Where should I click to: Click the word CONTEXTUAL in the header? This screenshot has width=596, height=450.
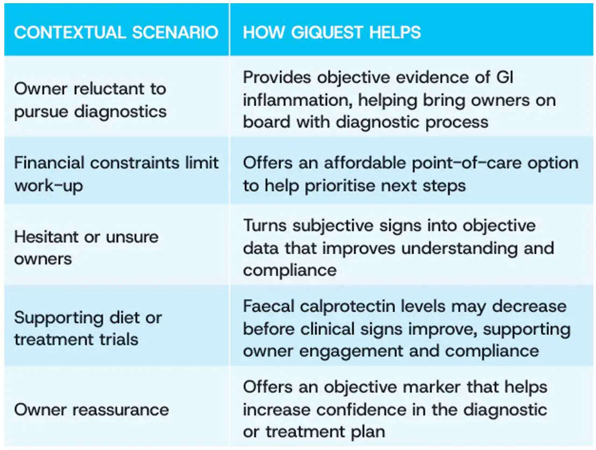pyautogui.click(x=70, y=32)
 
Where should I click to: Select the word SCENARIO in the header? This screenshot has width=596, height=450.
pyautogui.click(x=175, y=32)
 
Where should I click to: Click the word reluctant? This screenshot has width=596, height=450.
pyautogui.click(x=109, y=89)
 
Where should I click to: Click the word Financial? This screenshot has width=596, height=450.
pyautogui.click(x=49, y=163)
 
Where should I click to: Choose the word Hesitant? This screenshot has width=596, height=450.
pyautogui.click(x=46, y=237)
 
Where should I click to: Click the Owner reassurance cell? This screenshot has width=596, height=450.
pyautogui.click(x=117, y=406)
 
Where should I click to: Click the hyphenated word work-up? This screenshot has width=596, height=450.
pyautogui.click(x=48, y=186)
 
